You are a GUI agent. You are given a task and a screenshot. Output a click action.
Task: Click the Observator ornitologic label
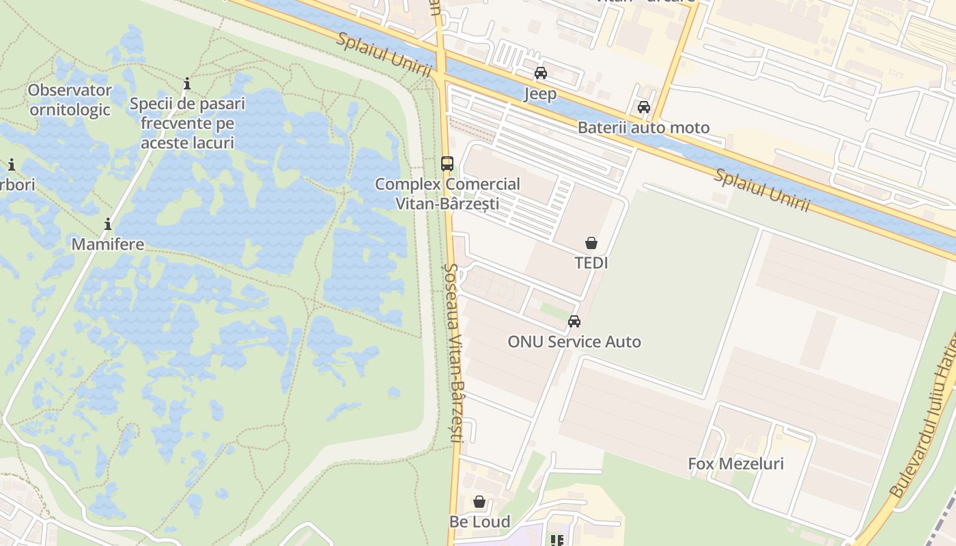click(x=70, y=100)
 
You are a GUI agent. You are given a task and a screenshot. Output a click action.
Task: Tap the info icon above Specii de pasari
click(x=187, y=84)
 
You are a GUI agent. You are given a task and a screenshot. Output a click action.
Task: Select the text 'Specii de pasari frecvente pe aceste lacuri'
click(x=187, y=124)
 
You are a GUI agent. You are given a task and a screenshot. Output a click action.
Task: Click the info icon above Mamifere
click(x=108, y=225)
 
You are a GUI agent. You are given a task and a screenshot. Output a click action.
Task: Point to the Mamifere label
click(x=108, y=244)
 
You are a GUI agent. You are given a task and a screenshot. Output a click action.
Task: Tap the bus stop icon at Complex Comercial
click(x=447, y=164)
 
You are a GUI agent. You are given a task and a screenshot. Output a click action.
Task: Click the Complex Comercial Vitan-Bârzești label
click(x=447, y=194)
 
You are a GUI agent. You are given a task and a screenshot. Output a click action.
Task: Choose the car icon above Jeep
click(x=541, y=73)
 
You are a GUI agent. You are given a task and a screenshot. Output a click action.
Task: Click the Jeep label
click(x=540, y=94)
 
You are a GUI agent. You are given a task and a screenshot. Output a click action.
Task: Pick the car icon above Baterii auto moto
click(x=644, y=107)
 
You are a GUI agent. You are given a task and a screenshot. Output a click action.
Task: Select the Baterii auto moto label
click(x=643, y=128)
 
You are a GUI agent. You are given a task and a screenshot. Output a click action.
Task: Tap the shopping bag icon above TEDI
click(x=591, y=243)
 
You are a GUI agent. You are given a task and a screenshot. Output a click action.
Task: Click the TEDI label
click(x=591, y=263)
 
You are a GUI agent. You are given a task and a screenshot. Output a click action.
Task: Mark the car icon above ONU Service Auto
click(x=574, y=321)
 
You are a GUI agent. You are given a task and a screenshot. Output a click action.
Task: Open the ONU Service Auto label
click(x=574, y=341)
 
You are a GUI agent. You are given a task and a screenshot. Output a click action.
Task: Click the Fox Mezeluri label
click(x=735, y=464)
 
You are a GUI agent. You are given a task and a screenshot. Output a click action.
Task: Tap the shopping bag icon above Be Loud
click(x=479, y=502)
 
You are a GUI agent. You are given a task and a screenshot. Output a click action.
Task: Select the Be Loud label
click(x=479, y=522)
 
